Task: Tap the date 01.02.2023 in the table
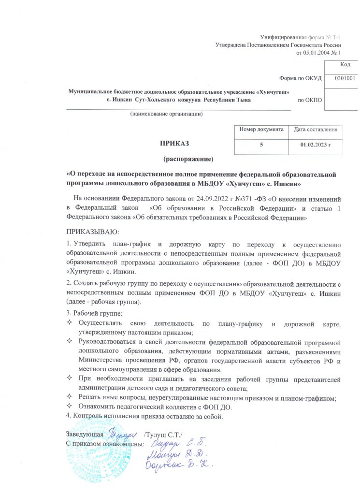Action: (315, 144)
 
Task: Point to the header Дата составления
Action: (315, 130)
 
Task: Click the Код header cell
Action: (345, 64)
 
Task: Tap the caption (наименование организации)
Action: (166, 114)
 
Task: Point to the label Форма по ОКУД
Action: (300, 78)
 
